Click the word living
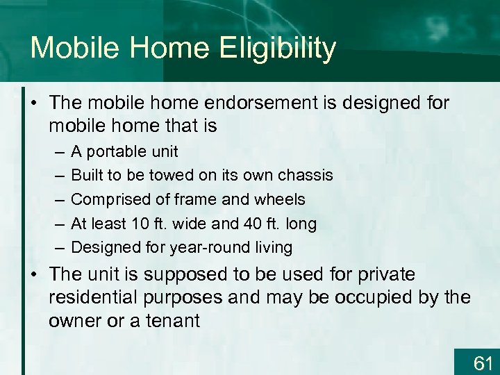point(274,247)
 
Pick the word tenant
point(174,321)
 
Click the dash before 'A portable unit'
point(54,152)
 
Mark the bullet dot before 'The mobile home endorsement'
point(34,103)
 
